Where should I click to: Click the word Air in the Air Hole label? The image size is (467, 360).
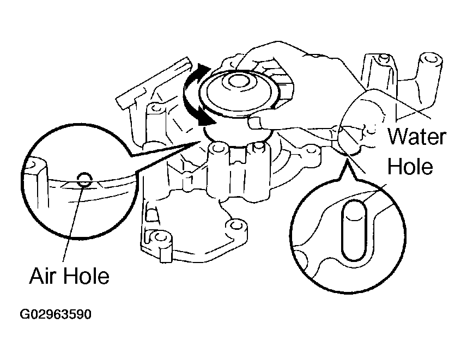tap(43, 276)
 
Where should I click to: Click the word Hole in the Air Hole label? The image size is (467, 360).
tap(86, 276)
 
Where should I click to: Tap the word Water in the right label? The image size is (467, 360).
tap(417, 137)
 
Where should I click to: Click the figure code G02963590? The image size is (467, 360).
tap(56, 314)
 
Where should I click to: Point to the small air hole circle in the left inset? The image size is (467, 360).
tap(84, 180)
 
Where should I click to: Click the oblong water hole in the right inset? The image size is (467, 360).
tap(354, 230)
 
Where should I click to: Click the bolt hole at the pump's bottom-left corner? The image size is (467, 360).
tap(161, 237)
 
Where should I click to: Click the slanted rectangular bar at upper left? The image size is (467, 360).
tap(153, 83)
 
